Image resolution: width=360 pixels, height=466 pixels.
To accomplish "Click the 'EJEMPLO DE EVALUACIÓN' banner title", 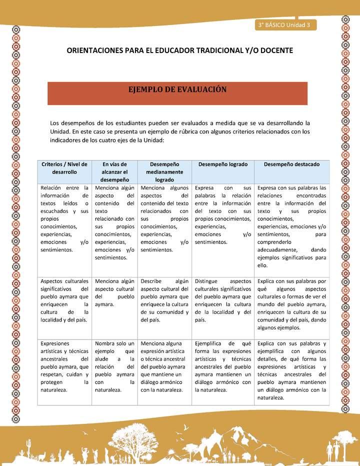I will click(x=178, y=89).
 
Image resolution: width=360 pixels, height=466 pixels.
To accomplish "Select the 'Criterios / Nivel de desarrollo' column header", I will click(x=64, y=167).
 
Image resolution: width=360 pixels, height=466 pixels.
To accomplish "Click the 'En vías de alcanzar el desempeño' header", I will click(x=115, y=171).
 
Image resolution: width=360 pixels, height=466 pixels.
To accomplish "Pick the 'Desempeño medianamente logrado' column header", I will click(x=164, y=171).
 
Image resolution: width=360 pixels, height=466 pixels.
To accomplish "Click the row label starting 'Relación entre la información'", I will click(x=64, y=218).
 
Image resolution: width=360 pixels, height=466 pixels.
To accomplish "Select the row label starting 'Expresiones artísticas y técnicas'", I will click(x=64, y=366).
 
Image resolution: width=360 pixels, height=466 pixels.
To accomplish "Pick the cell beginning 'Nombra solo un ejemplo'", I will click(x=115, y=366).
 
